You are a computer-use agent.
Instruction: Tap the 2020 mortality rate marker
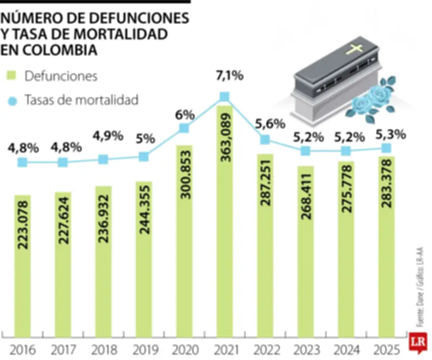point(184,128)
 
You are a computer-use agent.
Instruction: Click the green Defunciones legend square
point(11,76)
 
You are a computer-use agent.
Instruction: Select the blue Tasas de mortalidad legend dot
point(11,100)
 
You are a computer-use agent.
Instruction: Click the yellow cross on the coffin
point(355,50)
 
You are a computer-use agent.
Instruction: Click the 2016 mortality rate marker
point(22,162)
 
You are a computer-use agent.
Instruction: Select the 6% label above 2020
point(184,115)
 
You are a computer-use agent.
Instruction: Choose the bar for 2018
point(103,259)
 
